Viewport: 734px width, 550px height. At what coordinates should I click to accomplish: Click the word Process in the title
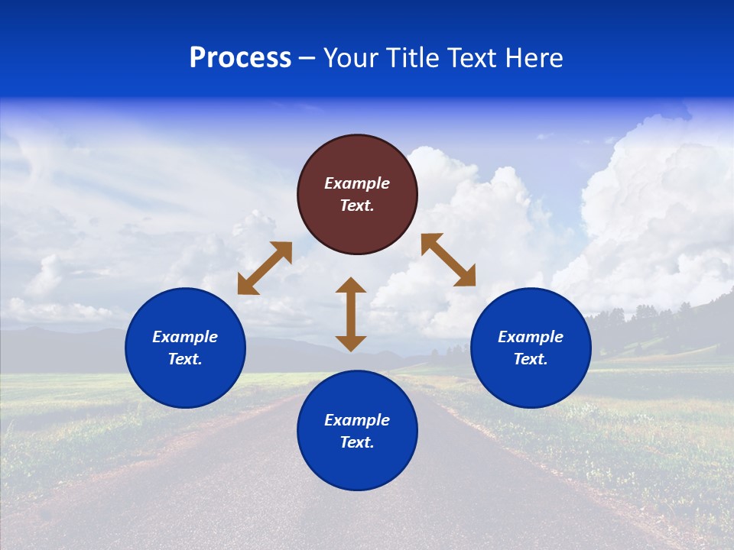click(x=240, y=58)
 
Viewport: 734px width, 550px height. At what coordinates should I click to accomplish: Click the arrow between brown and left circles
click(x=265, y=268)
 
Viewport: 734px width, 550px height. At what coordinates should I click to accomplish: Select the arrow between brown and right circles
click(x=449, y=260)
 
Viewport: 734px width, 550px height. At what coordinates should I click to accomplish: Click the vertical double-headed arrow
click(x=351, y=314)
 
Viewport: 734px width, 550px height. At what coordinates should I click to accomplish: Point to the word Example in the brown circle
click(x=357, y=183)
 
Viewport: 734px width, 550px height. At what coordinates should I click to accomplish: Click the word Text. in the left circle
click(x=185, y=359)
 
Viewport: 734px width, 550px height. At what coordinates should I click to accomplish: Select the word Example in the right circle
click(x=531, y=337)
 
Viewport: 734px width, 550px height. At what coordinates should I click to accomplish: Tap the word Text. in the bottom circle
click(x=357, y=442)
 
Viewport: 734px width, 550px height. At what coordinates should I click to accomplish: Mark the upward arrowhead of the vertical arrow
click(x=351, y=286)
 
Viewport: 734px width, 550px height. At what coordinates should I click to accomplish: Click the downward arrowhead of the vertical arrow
click(x=351, y=343)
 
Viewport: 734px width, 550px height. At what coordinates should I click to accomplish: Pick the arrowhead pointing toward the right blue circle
click(x=466, y=277)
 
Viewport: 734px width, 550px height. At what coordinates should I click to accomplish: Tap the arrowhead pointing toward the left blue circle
click(x=247, y=285)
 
